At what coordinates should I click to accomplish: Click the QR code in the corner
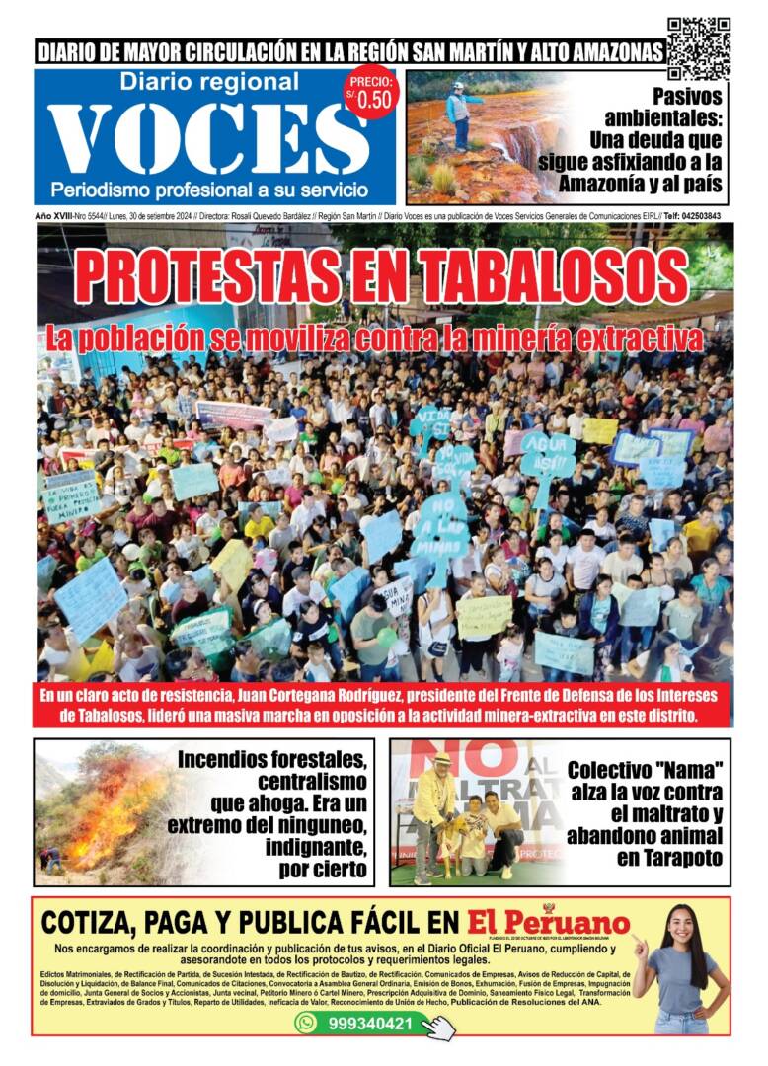tap(698, 47)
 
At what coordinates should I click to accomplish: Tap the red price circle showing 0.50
tap(371, 95)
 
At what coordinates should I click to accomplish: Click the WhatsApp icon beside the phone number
tap(306, 1024)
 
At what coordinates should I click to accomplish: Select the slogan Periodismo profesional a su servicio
tap(209, 188)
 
